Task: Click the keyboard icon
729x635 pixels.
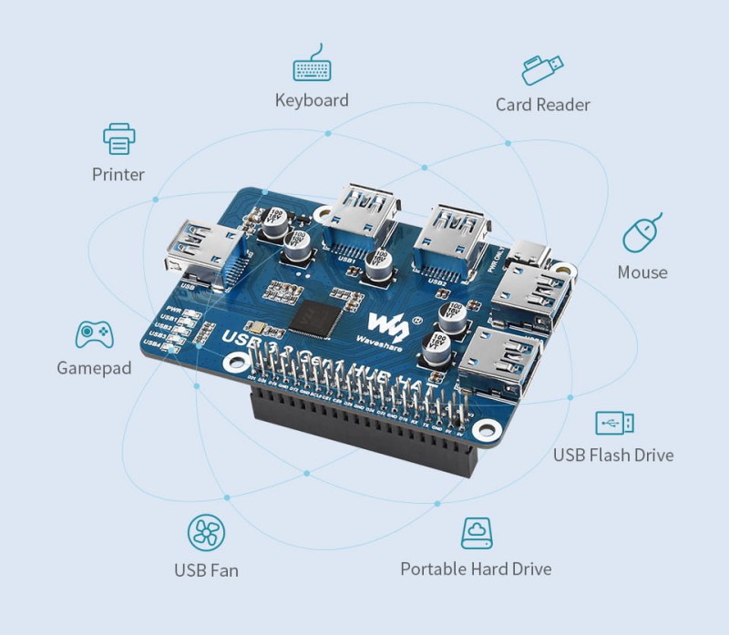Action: [x=311, y=67]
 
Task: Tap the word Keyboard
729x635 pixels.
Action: [x=312, y=99]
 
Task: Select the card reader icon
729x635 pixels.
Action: [x=542, y=70]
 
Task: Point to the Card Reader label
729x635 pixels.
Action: [x=542, y=104]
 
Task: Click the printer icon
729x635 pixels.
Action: [x=118, y=139]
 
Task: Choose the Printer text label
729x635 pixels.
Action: [x=118, y=174]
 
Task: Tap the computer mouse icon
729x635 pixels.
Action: [x=642, y=234]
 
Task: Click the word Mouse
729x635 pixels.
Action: [x=642, y=271]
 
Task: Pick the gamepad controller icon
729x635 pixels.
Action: [x=94, y=334]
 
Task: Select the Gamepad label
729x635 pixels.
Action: [x=94, y=368]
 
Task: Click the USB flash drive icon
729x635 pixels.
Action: [x=614, y=423]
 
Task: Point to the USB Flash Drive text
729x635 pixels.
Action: [x=613, y=455]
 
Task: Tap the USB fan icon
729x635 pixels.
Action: [x=205, y=533]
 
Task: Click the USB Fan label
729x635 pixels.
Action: [x=206, y=570]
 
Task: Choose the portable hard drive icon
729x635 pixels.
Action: [x=476, y=533]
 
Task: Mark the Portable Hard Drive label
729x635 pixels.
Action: [x=476, y=568]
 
